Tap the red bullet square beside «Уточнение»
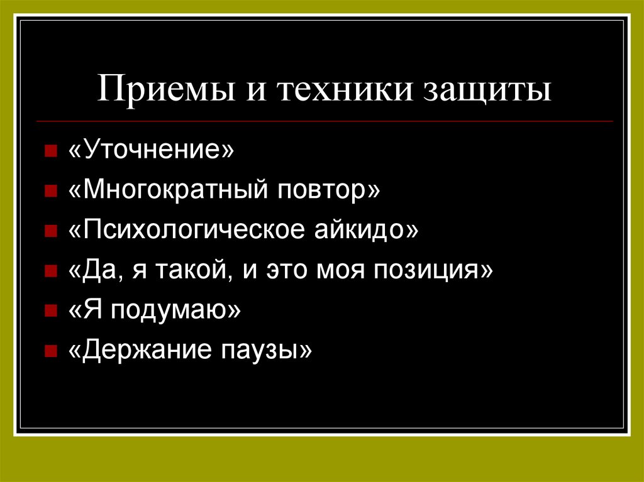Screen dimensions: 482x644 [x=50, y=152]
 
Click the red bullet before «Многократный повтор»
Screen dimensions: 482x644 [x=50, y=192]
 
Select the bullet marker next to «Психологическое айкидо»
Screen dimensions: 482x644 [x=50, y=231]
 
